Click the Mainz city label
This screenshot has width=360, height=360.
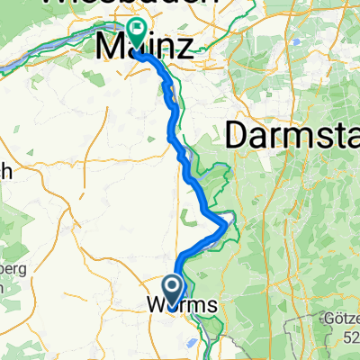click(x=144, y=47)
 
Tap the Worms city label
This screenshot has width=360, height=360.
click(x=181, y=306)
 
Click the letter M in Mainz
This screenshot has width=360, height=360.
click(x=111, y=47)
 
